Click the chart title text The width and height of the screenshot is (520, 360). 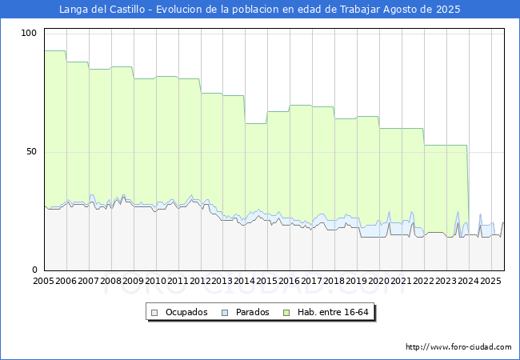260,10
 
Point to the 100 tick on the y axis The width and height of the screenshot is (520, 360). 30,33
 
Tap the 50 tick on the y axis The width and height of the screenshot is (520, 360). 32,151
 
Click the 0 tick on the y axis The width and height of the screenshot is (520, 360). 34,270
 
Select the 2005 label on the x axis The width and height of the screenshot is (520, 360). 43,282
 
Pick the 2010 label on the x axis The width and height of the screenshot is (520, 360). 155,282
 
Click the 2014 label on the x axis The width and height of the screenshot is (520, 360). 245,282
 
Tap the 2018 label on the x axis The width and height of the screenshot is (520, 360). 334,282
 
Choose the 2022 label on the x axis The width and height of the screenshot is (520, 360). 424,282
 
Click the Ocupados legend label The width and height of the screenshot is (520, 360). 186,312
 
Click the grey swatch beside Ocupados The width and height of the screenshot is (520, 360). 155,312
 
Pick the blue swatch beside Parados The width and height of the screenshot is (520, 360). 225,312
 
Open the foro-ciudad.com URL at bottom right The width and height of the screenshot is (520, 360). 458,347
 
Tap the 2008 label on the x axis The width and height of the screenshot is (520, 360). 110,282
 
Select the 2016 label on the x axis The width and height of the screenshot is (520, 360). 290,282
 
